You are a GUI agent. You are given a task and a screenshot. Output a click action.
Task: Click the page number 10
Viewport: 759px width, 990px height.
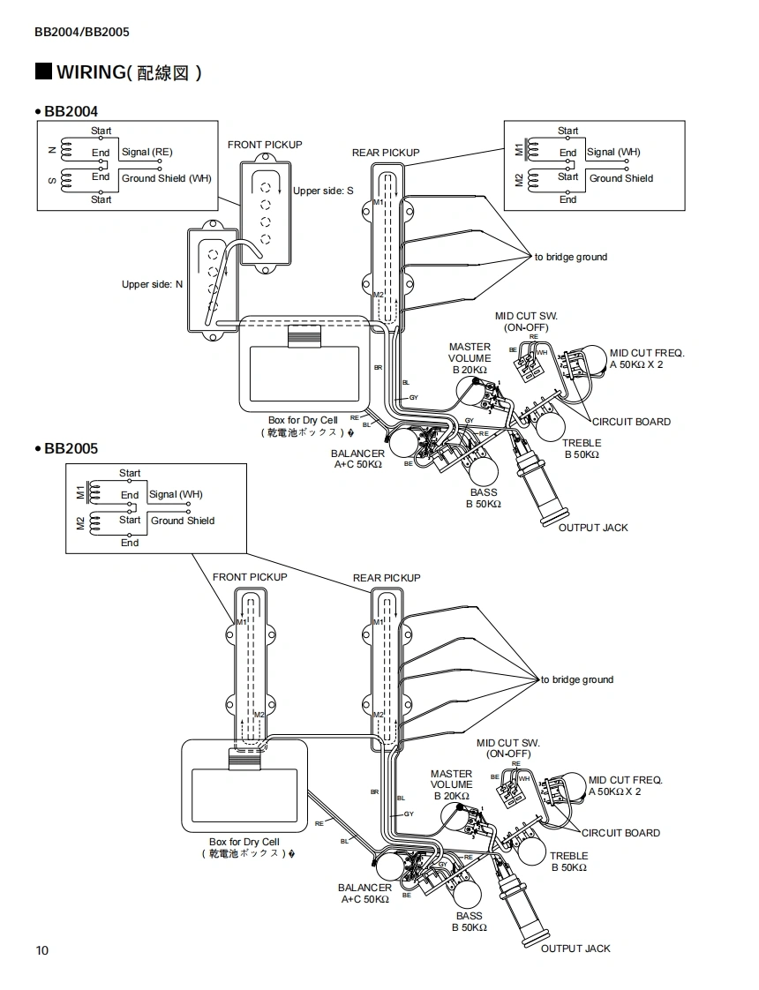(x=42, y=950)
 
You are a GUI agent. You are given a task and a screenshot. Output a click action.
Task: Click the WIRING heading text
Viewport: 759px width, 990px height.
(x=128, y=72)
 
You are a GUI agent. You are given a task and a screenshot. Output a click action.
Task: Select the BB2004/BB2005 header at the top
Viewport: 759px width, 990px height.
(x=82, y=33)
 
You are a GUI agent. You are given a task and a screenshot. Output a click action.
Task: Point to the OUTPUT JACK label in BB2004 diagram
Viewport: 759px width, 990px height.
(x=593, y=528)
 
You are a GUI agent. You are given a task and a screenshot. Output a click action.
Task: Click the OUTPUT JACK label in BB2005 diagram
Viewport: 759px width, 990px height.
(x=575, y=949)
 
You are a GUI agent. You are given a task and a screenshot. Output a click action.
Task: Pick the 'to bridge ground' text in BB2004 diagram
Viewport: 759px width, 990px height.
(x=570, y=258)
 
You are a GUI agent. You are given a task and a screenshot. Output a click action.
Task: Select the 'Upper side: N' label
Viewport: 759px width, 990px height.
(x=152, y=284)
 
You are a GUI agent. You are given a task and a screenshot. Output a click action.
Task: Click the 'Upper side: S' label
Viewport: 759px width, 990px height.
(x=323, y=191)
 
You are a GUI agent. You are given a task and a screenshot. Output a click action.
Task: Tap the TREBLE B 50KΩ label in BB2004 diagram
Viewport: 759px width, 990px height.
(x=582, y=448)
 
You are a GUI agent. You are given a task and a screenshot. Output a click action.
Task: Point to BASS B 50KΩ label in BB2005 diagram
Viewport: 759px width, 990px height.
(x=470, y=921)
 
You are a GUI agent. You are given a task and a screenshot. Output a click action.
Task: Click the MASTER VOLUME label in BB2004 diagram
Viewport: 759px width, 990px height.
(x=470, y=358)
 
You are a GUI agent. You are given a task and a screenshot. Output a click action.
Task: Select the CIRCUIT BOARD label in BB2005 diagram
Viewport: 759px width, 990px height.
(x=620, y=833)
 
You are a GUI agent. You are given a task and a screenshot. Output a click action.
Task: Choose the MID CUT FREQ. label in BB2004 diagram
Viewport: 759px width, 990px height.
(x=647, y=358)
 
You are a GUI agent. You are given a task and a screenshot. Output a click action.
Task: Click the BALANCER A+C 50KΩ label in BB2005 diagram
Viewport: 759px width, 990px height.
(x=364, y=893)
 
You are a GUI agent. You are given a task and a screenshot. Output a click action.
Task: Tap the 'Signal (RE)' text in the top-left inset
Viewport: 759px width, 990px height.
(x=147, y=153)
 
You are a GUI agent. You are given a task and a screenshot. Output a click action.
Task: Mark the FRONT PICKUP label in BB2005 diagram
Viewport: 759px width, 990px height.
(x=250, y=577)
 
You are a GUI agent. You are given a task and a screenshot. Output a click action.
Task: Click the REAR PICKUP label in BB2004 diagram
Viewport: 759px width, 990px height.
(x=386, y=153)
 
